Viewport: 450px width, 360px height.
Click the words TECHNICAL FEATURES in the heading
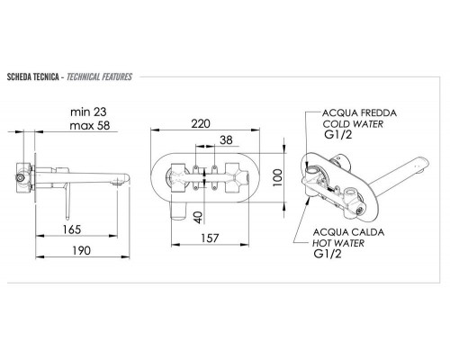click(99, 77)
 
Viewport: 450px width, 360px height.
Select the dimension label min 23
click(88, 112)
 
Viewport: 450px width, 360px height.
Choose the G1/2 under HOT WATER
click(336, 255)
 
